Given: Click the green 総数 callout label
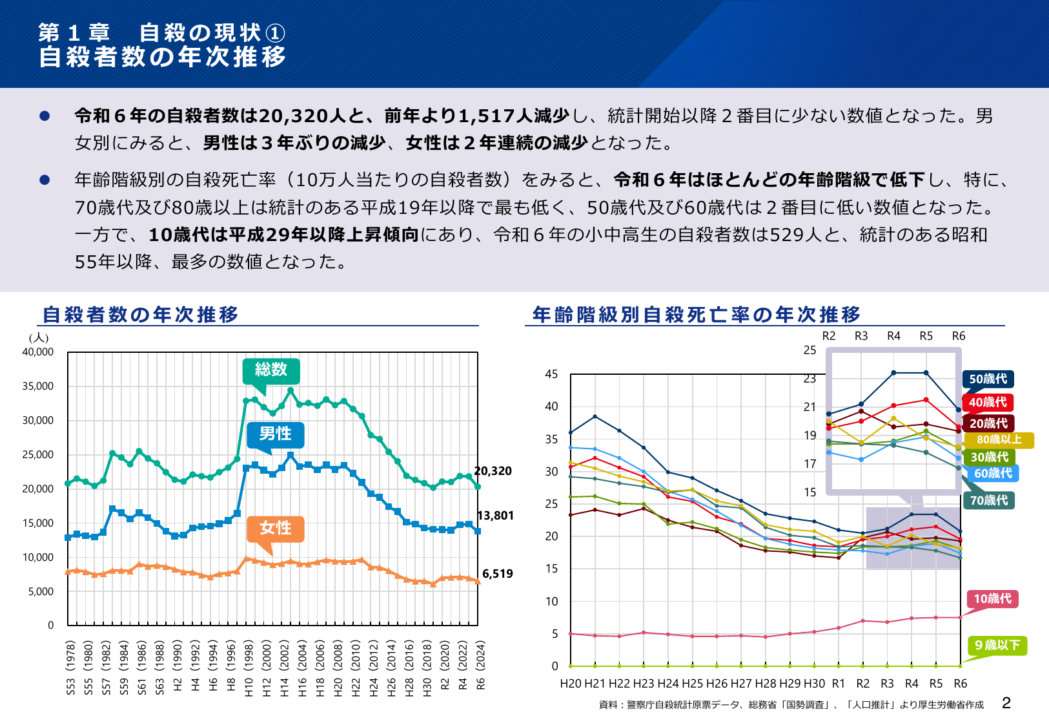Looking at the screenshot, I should pyautogui.click(x=270, y=370).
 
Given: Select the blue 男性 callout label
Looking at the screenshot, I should pyautogui.click(x=276, y=434).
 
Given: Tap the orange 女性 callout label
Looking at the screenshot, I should pyautogui.click(x=276, y=528).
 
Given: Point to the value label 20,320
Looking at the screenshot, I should pyautogui.click(x=493, y=471).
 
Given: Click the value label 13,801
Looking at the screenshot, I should pyautogui.click(x=495, y=516).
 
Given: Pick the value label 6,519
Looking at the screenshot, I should pyautogui.click(x=498, y=574).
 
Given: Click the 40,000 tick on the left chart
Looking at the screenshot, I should pyautogui.click(x=38, y=352).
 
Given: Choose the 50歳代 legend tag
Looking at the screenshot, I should pyautogui.click(x=988, y=379).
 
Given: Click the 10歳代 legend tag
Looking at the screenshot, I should pyautogui.click(x=992, y=599).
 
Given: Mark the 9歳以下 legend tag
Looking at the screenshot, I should pyautogui.click(x=997, y=646).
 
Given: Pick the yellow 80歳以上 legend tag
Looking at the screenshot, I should pyautogui.click(x=999, y=440).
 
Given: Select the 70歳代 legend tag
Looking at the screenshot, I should pyautogui.click(x=988, y=500).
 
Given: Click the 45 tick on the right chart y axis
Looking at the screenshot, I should pyautogui.click(x=551, y=374).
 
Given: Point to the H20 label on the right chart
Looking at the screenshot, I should pyautogui.click(x=571, y=684).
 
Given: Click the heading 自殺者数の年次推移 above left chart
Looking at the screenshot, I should pyautogui.click(x=141, y=315).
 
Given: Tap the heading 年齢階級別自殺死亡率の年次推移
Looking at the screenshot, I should pyautogui.click(x=697, y=315).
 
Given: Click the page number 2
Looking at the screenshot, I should pyautogui.click(x=1006, y=703).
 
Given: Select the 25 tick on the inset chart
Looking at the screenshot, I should pyautogui.click(x=810, y=350).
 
